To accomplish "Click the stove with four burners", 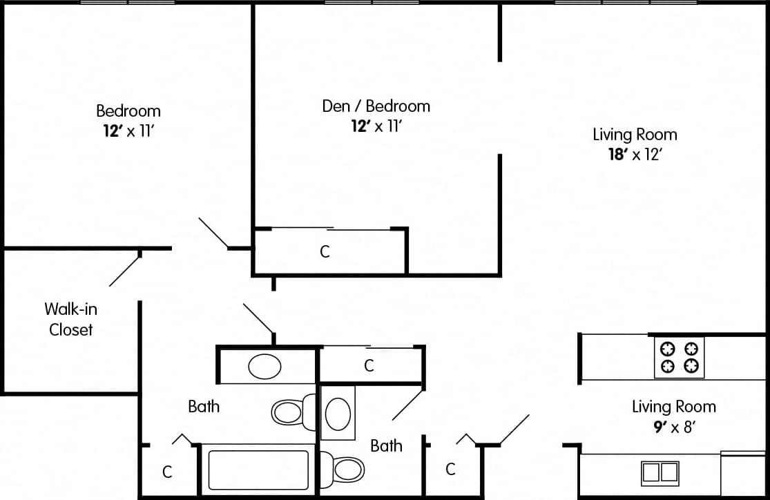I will pyautogui.click(x=679, y=358).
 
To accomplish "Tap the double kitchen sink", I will pyautogui.click(x=660, y=472).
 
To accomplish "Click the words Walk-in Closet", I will pyautogui.click(x=70, y=319).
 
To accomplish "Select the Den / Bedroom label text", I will pyautogui.click(x=376, y=106).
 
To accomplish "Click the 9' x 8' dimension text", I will pyautogui.click(x=673, y=427).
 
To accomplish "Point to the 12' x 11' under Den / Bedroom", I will pyautogui.click(x=376, y=126).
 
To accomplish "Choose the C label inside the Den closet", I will pyautogui.click(x=325, y=252).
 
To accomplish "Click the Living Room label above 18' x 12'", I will pyautogui.click(x=635, y=134).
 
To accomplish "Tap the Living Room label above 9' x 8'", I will pyautogui.click(x=673, y=406).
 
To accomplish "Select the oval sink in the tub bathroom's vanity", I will pyautogui.click(x=264, y=366).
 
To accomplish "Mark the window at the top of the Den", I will pyautogui.click(x=372, y=3).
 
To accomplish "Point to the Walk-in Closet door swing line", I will pyautogui.click(x=125, y=271).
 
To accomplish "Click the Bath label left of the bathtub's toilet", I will pyautogui.click(x=204, y=406).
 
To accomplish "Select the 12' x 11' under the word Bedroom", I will pyautogui.click(x=128, y=131).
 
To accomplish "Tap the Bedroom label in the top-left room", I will pyautogui.click(x=128, y=110).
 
